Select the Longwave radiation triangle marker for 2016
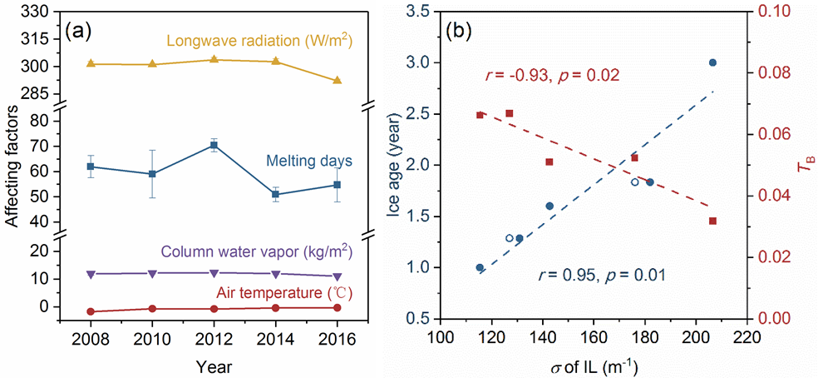pos(337,80)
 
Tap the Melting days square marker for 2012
pos(214,145)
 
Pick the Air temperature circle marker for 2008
pos(91,312)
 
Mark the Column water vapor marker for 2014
pos(275,274)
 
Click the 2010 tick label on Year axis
pos(152,341)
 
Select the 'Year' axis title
pos(214,366)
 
